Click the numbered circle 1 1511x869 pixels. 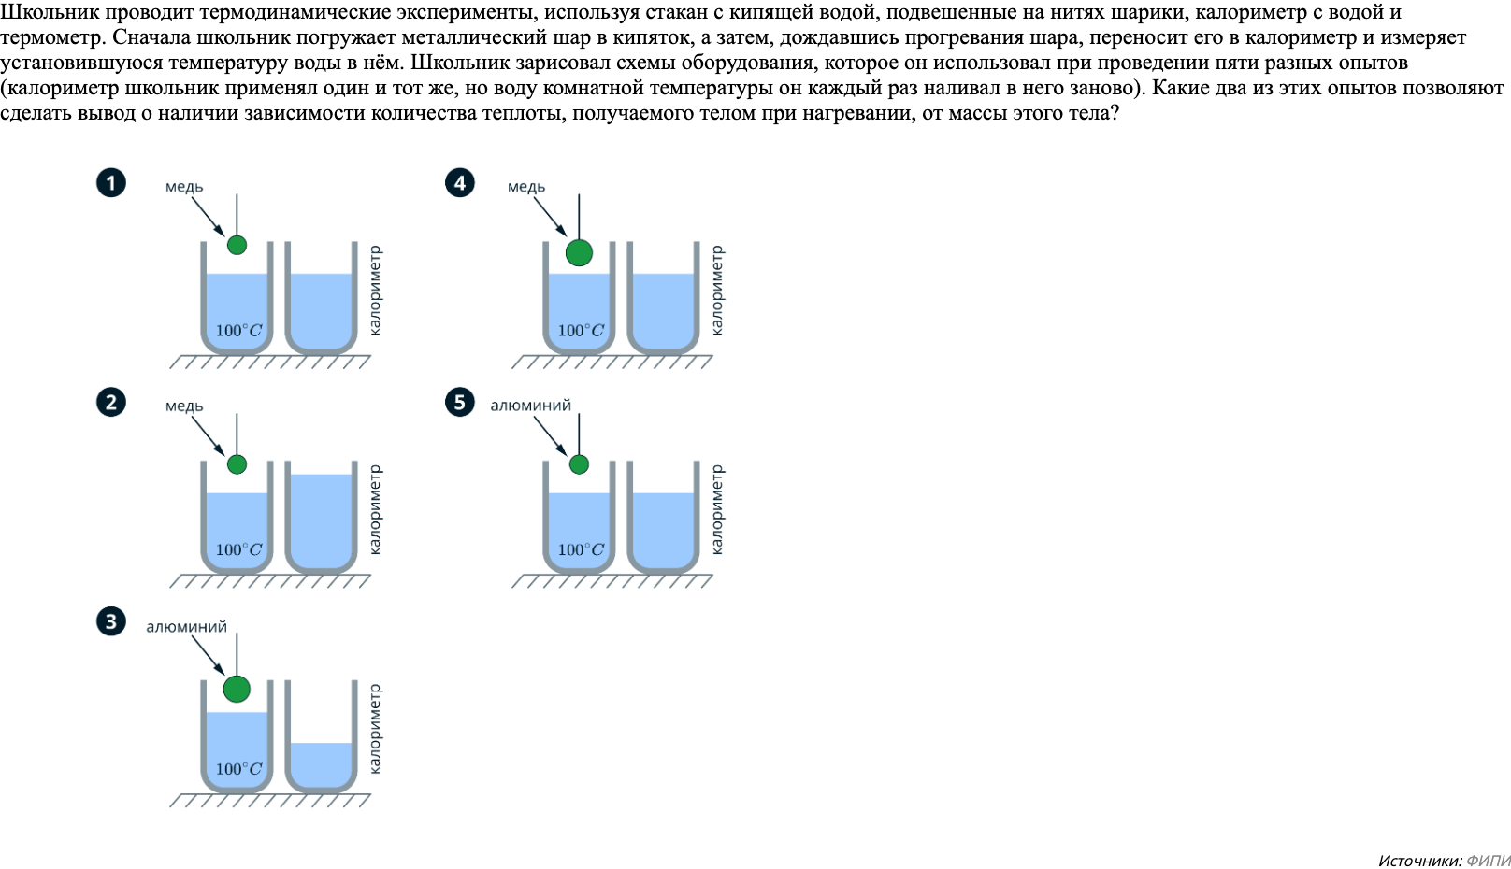[x=111, y=182]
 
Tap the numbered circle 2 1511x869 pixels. [x=111, y=402]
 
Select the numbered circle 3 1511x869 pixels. [x=111, y=621]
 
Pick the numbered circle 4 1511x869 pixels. [x=459, y=182]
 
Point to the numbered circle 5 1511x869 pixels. [x=459, y=402]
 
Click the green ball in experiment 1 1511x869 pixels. [x=237, y=245]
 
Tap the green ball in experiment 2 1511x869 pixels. [x=237, y=464]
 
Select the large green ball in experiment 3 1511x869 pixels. [x=237, y=689]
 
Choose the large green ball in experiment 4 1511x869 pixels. [x=579, y=252]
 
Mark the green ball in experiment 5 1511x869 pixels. [x=579, y=464]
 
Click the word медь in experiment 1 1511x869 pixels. [x=184, y=187]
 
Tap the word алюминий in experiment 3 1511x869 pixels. [x=186, y=627]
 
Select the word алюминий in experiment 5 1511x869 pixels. [x=530, y=406]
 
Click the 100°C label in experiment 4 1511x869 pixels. [x=581, y=331]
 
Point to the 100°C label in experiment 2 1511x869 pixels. [x=238, y=550]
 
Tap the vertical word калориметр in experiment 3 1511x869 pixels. [x=375, y=729]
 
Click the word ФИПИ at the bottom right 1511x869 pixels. [x=1488, y=861]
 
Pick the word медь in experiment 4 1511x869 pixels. [x=526, y=187]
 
